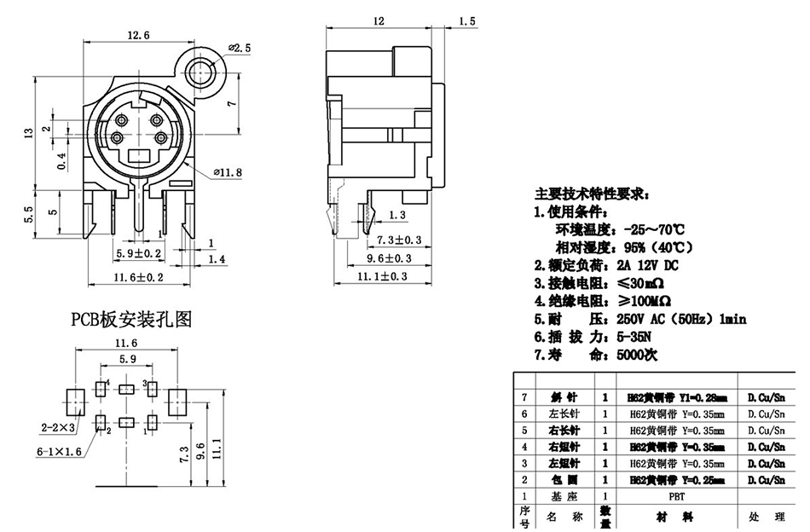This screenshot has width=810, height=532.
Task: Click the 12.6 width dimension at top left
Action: [138, 35]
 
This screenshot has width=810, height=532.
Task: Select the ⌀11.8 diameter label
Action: [228, 173]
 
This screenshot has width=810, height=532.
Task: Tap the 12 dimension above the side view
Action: [379, 20]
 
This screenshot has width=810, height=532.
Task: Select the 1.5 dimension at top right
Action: [467, 20]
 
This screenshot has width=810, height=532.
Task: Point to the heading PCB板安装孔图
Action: [131, 320]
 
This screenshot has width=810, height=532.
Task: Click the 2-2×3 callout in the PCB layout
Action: [58, 426]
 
